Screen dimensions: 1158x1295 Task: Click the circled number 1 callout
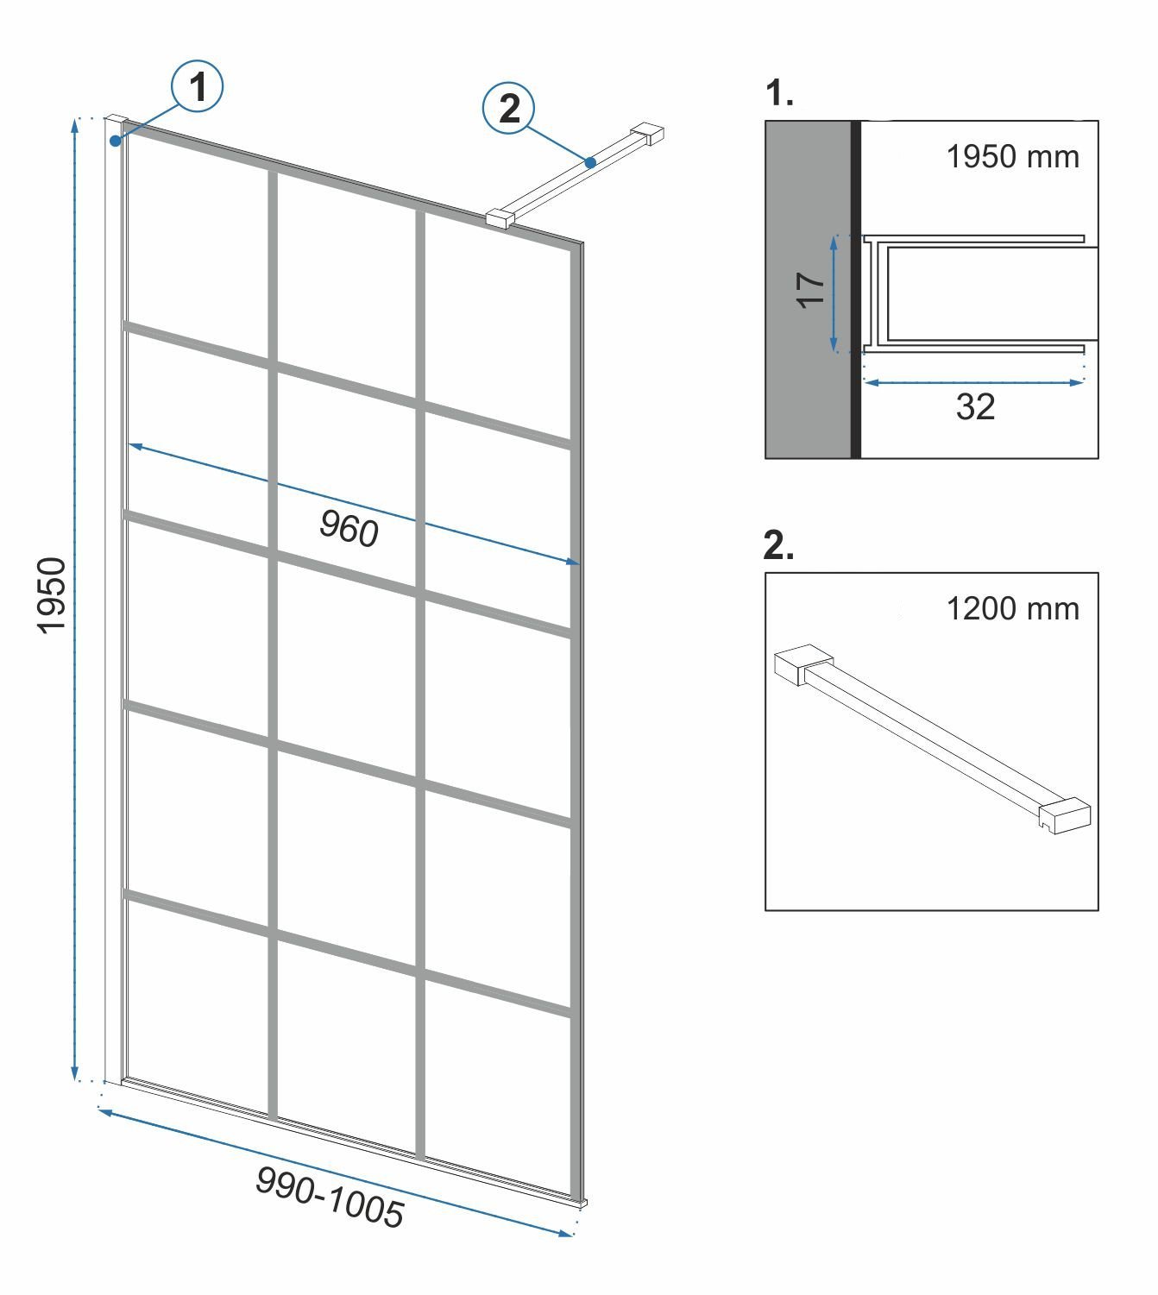[197, 86]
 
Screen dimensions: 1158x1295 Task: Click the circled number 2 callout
[508, 108]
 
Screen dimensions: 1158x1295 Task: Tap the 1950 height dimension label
[52, 595]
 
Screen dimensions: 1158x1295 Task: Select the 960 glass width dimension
[349, 529]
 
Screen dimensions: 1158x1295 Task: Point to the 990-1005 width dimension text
[330, 1196]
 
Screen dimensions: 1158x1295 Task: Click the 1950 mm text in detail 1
[1012, 157]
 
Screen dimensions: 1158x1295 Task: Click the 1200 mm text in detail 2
[1012, 608]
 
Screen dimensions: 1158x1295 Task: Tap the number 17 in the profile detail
[810, 290]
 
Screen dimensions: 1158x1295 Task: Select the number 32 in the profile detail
[975, 406]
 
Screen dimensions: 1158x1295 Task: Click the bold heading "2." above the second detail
[779, 546]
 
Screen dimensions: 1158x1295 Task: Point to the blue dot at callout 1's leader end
[115, 141]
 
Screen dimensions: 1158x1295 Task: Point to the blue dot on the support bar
[590, 162]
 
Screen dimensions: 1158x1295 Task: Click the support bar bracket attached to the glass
[500, 218]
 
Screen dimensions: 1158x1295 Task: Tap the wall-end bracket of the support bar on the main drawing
[648, 133]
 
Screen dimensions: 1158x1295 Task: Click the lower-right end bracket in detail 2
[1065, 815]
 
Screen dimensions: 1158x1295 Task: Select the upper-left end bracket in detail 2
[803, 665]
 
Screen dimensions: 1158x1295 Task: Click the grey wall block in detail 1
[808, 290]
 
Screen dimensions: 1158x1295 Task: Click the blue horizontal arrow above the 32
[974, 382]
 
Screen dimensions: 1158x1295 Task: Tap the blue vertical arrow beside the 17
[834, 293]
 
